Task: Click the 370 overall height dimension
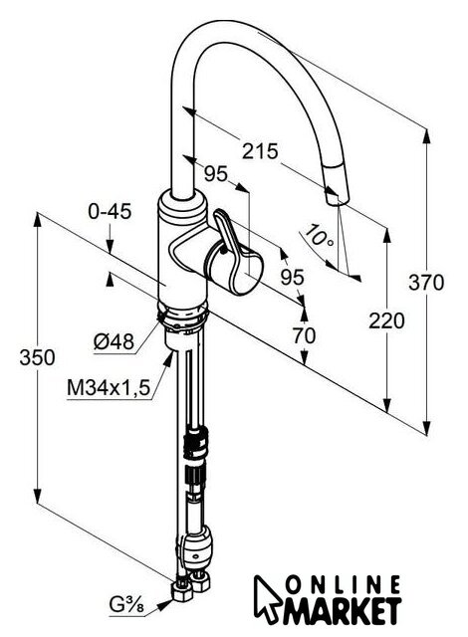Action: tap(426, 283)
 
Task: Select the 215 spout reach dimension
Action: tap(260, 151)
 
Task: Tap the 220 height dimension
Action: tap(386, 320)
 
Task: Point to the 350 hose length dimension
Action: tap(37, 358)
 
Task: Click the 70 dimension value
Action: tap(304, 335)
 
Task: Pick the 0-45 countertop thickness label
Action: tap(110, 211)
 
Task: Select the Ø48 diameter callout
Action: tap(114, 341)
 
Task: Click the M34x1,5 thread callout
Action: tap(109, 388)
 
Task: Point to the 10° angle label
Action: tap(320, 237)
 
